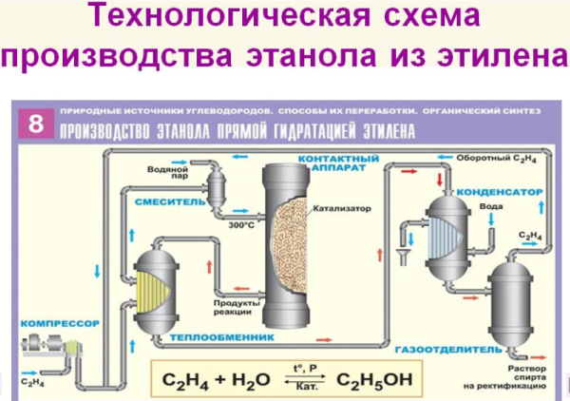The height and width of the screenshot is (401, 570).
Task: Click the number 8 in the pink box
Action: point(35,122)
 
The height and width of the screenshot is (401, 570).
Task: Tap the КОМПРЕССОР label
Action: point(59,323)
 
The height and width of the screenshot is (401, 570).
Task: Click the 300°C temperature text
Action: point(241,225)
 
